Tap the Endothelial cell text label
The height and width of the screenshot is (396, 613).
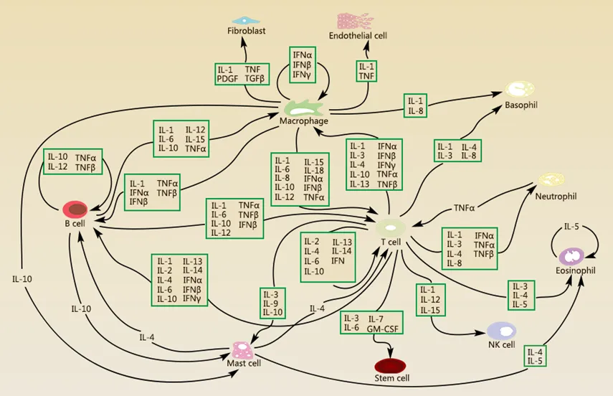pyautogui.click(x=358, y=35)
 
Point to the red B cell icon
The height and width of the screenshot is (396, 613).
pyautogui.click(x=75, y=209)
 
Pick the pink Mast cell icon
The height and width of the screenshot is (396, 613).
pyautogui.click(x=244, y=350)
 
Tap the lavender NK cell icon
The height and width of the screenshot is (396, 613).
pyautogui.click(x=502, y=330)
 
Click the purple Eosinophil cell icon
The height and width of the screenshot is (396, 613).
pyautogui.click(x=573, y=256)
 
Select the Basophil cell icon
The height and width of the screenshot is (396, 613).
pyautogui.click(x=518, y=90)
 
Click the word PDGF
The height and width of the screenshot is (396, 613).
pyautogui.click(x=231, y=79)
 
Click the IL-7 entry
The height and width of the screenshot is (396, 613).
pyautogui.click(x=377, y=319)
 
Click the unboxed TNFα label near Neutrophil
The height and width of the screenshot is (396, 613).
pyautogui.click(x=464, y=207)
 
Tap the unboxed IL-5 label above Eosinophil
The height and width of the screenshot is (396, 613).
pyautogui.click(x=571, y=227)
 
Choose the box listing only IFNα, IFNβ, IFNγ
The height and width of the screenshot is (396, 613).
pyautogui.click(x=302, y=64)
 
